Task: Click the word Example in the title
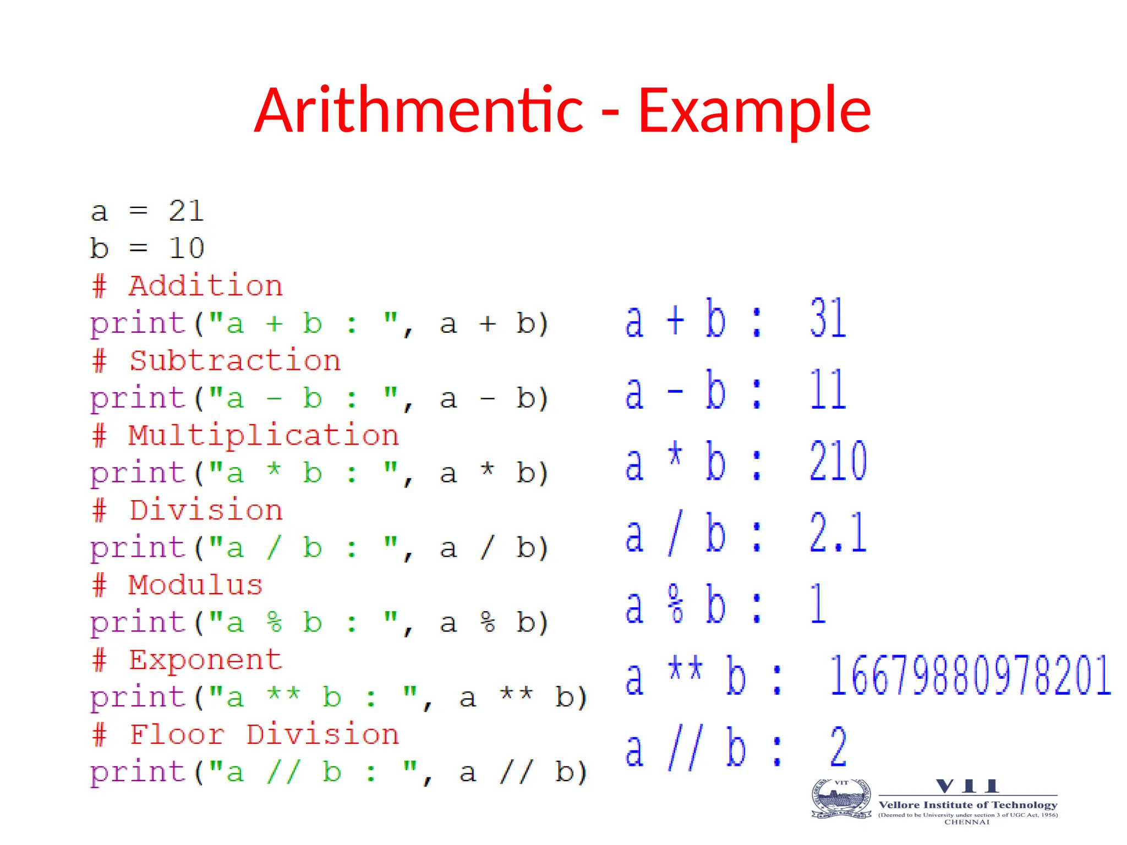coord(754,111)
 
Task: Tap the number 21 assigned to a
coord(187,211)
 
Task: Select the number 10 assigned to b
coord(187,248)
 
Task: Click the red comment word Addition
coord(206,286)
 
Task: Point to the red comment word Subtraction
coord(235,361)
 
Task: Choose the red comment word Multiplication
coord(264,436)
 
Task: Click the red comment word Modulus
coord(196,585)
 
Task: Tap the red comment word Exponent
coord(206,660)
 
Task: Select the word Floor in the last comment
coord(177,734)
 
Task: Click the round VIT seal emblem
coord(841,799)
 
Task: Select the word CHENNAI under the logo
coord(967,822)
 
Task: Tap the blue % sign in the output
coord(676,604)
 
